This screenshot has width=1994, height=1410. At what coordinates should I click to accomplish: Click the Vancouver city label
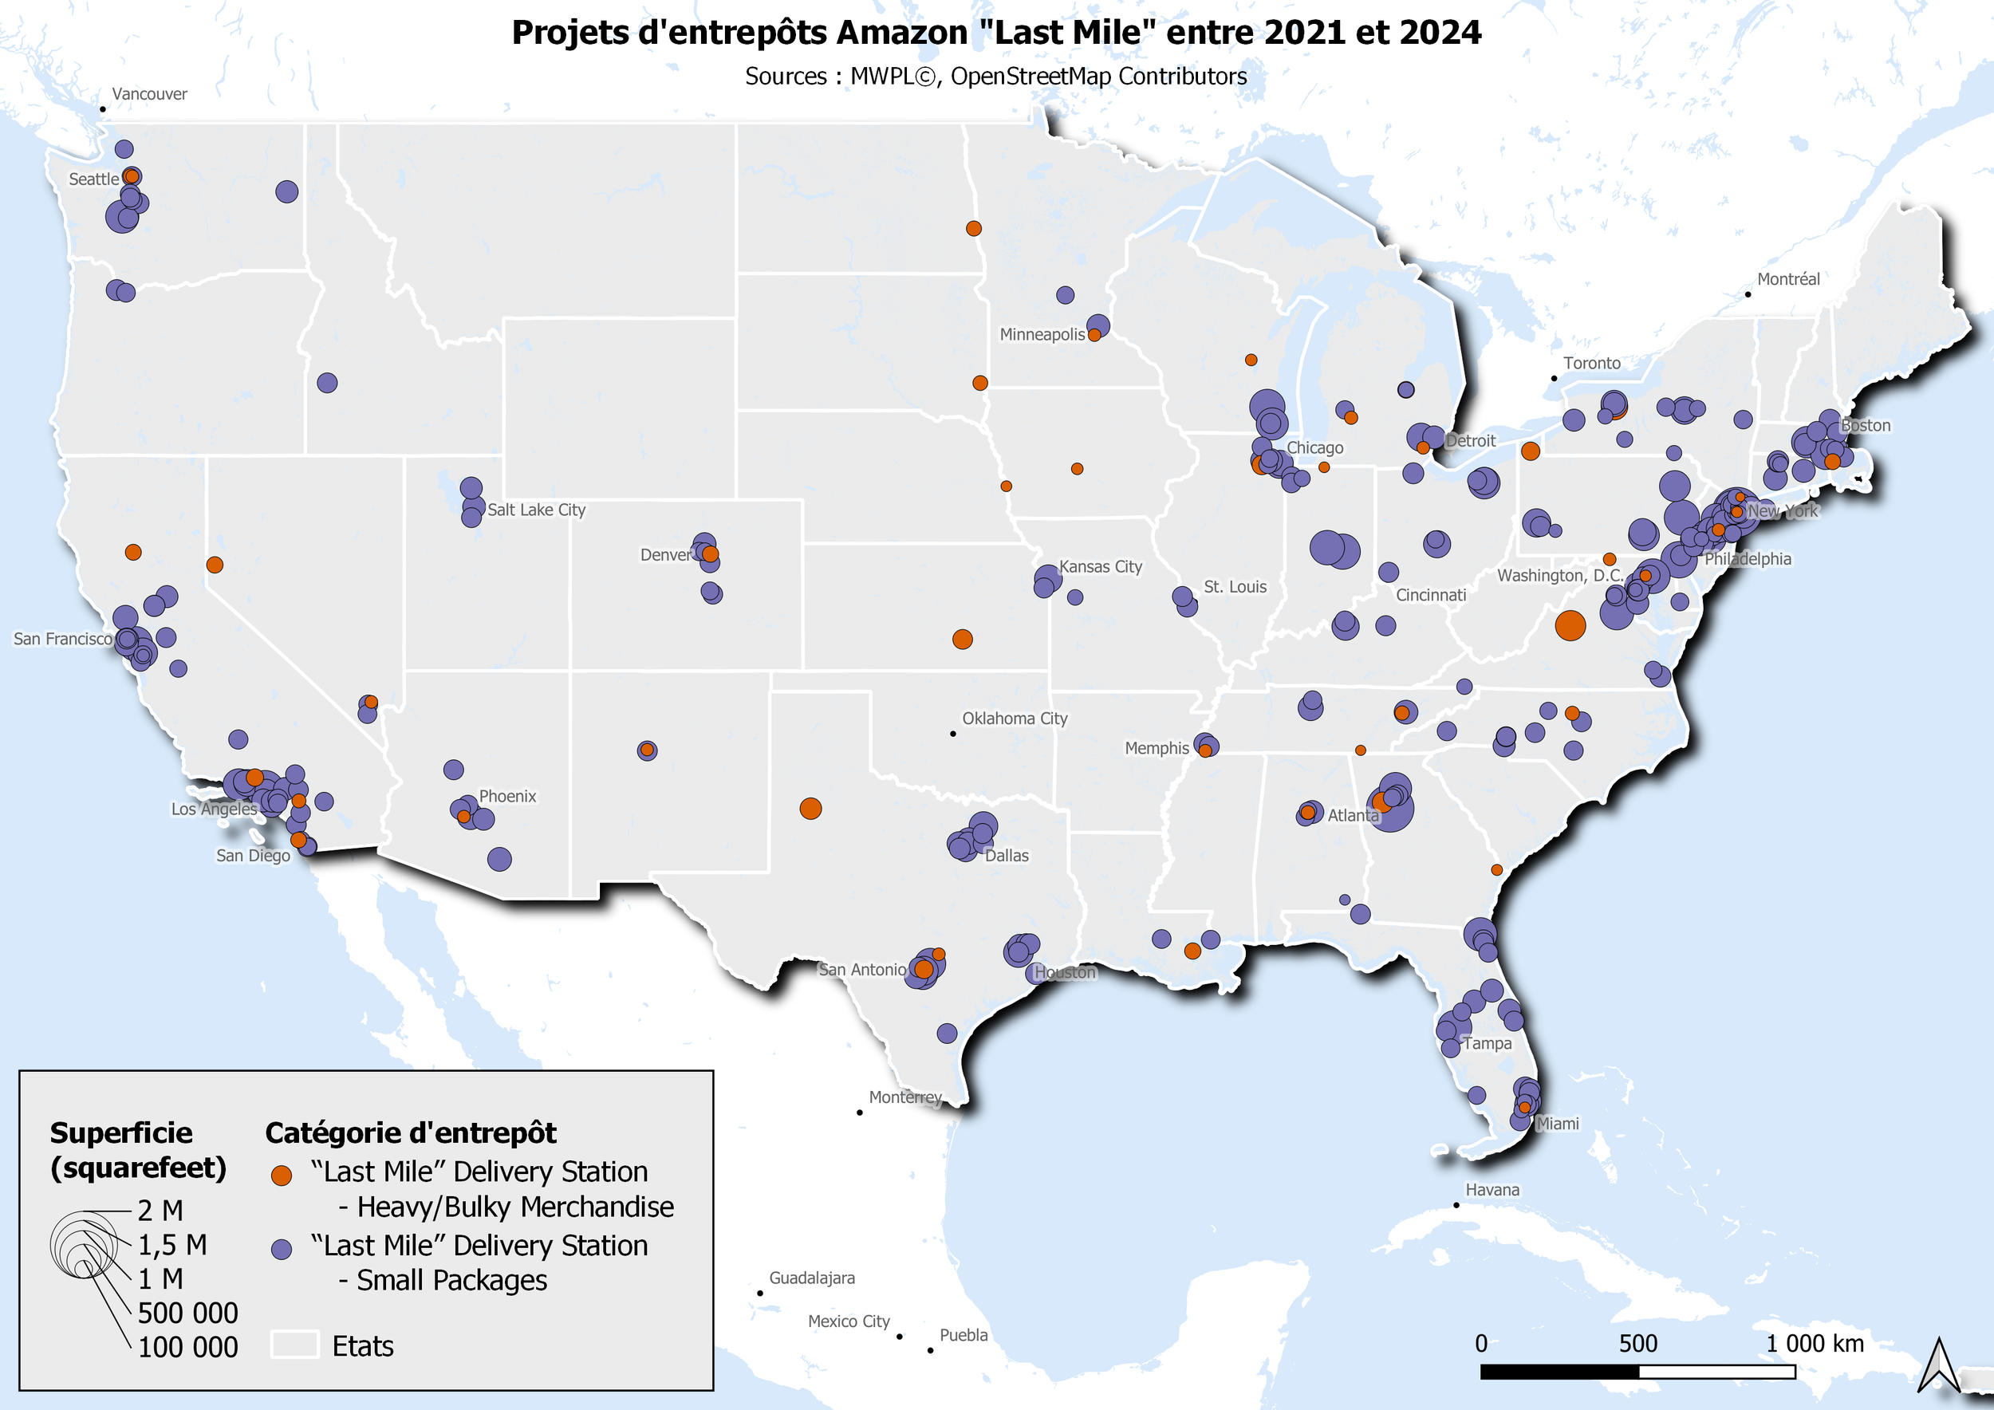[x=149, y=94]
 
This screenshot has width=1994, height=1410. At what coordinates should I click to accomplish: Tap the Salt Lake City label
[x=536, y=510]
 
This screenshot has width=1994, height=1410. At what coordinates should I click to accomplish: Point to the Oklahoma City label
[x=1015, y=718]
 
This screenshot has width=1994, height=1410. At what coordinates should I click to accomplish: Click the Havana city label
[x=1492, y=1189]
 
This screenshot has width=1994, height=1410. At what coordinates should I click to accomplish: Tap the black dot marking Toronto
[x=1554, y=379]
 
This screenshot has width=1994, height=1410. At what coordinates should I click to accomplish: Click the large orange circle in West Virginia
[x=1570, y=625]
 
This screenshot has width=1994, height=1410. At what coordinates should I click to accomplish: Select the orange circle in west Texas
[x=810, y=809]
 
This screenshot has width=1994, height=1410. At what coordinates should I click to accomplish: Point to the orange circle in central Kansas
[x=962, y=639]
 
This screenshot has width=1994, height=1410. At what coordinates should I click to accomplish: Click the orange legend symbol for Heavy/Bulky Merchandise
[x=282, y=1176]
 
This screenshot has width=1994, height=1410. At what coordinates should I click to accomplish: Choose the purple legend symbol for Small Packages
[x=282, y=1249]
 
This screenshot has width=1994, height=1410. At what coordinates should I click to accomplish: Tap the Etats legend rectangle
[x=294, y=1344]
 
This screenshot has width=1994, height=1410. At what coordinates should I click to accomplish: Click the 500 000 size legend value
[x=187, y=1313]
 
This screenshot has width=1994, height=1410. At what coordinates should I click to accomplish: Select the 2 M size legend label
[x=160, y=1211]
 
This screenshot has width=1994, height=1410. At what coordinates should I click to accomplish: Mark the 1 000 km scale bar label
[x=1815, y=1343]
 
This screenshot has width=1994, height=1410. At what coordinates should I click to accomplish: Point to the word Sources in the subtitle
[x=785, y=77]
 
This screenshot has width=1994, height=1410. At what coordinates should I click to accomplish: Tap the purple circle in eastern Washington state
[x=286, y=191]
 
